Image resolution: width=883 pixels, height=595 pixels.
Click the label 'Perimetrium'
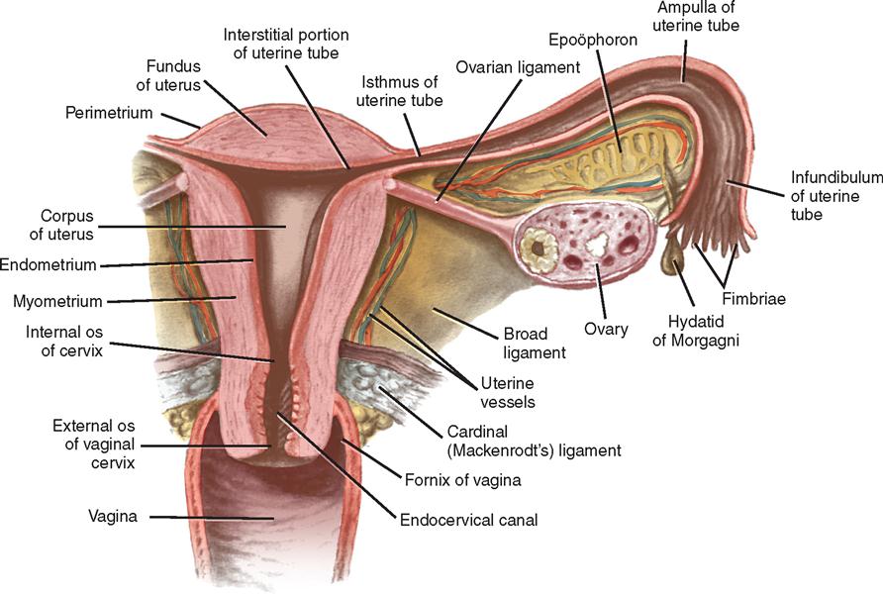tap(109, 113)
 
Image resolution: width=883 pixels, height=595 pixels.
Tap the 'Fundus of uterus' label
tap(169, 75)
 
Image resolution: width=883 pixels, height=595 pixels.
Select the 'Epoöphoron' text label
tap(593, 40)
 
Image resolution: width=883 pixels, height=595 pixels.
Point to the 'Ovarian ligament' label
tap(518, 67)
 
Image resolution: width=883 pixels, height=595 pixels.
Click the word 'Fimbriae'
tap(753, 299)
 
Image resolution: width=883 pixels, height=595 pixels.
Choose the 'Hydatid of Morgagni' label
tap(696, 331)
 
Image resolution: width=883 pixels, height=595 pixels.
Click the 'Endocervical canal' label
tap(468, 520)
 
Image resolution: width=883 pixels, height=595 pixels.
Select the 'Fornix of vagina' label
tap(463, 480)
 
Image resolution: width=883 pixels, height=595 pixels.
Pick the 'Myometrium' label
tap(57, 301)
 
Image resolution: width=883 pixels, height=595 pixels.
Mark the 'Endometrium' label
tap(49, 264)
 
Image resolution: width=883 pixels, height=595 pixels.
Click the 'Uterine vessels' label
tap(508, 392)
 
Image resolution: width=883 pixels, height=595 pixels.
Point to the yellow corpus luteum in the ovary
tap(539, 247)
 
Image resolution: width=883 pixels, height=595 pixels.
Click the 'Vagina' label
tap(113, 516)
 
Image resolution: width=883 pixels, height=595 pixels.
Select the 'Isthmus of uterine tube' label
tap(399, 91)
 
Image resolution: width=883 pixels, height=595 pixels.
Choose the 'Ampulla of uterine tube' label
tap(696, 17)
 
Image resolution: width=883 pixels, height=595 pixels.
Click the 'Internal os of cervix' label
tap(64, 341)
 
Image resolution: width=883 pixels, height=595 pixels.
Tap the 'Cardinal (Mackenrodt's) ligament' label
tap(534, 442)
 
